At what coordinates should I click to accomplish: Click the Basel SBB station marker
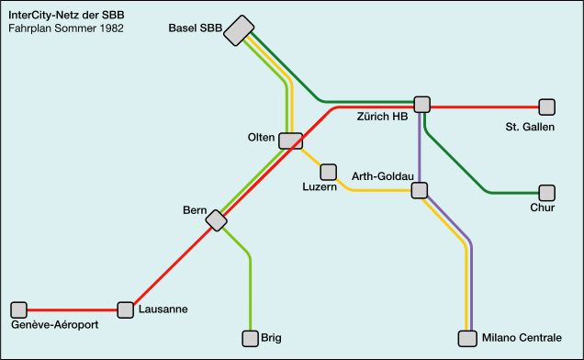(x=239, y=30)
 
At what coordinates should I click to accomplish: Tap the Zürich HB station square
(x=422, y=105)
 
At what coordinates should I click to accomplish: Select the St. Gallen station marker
(x=546, y=107)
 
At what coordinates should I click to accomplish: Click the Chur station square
(x=546, y=193)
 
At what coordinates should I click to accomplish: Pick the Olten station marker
(x=290, y=141)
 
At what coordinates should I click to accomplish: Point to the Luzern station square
(x=328, y=172)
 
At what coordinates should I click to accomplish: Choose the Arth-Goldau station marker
(x=420, y=191)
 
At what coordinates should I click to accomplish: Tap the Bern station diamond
(x=216, y=220)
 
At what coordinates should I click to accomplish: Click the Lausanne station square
(x=126, y=309)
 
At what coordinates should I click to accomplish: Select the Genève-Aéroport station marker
(x=18, y=309)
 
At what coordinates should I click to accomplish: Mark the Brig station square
(x=250, y=338)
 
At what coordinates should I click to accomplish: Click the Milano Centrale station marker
(x=468, y=338)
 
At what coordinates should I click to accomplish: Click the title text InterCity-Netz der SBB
(x=66, y=16)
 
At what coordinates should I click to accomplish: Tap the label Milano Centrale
(x=522, y=339)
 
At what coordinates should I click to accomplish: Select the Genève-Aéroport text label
(x=55, y=325)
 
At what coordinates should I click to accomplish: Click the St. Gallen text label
(x=530, y=126)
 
